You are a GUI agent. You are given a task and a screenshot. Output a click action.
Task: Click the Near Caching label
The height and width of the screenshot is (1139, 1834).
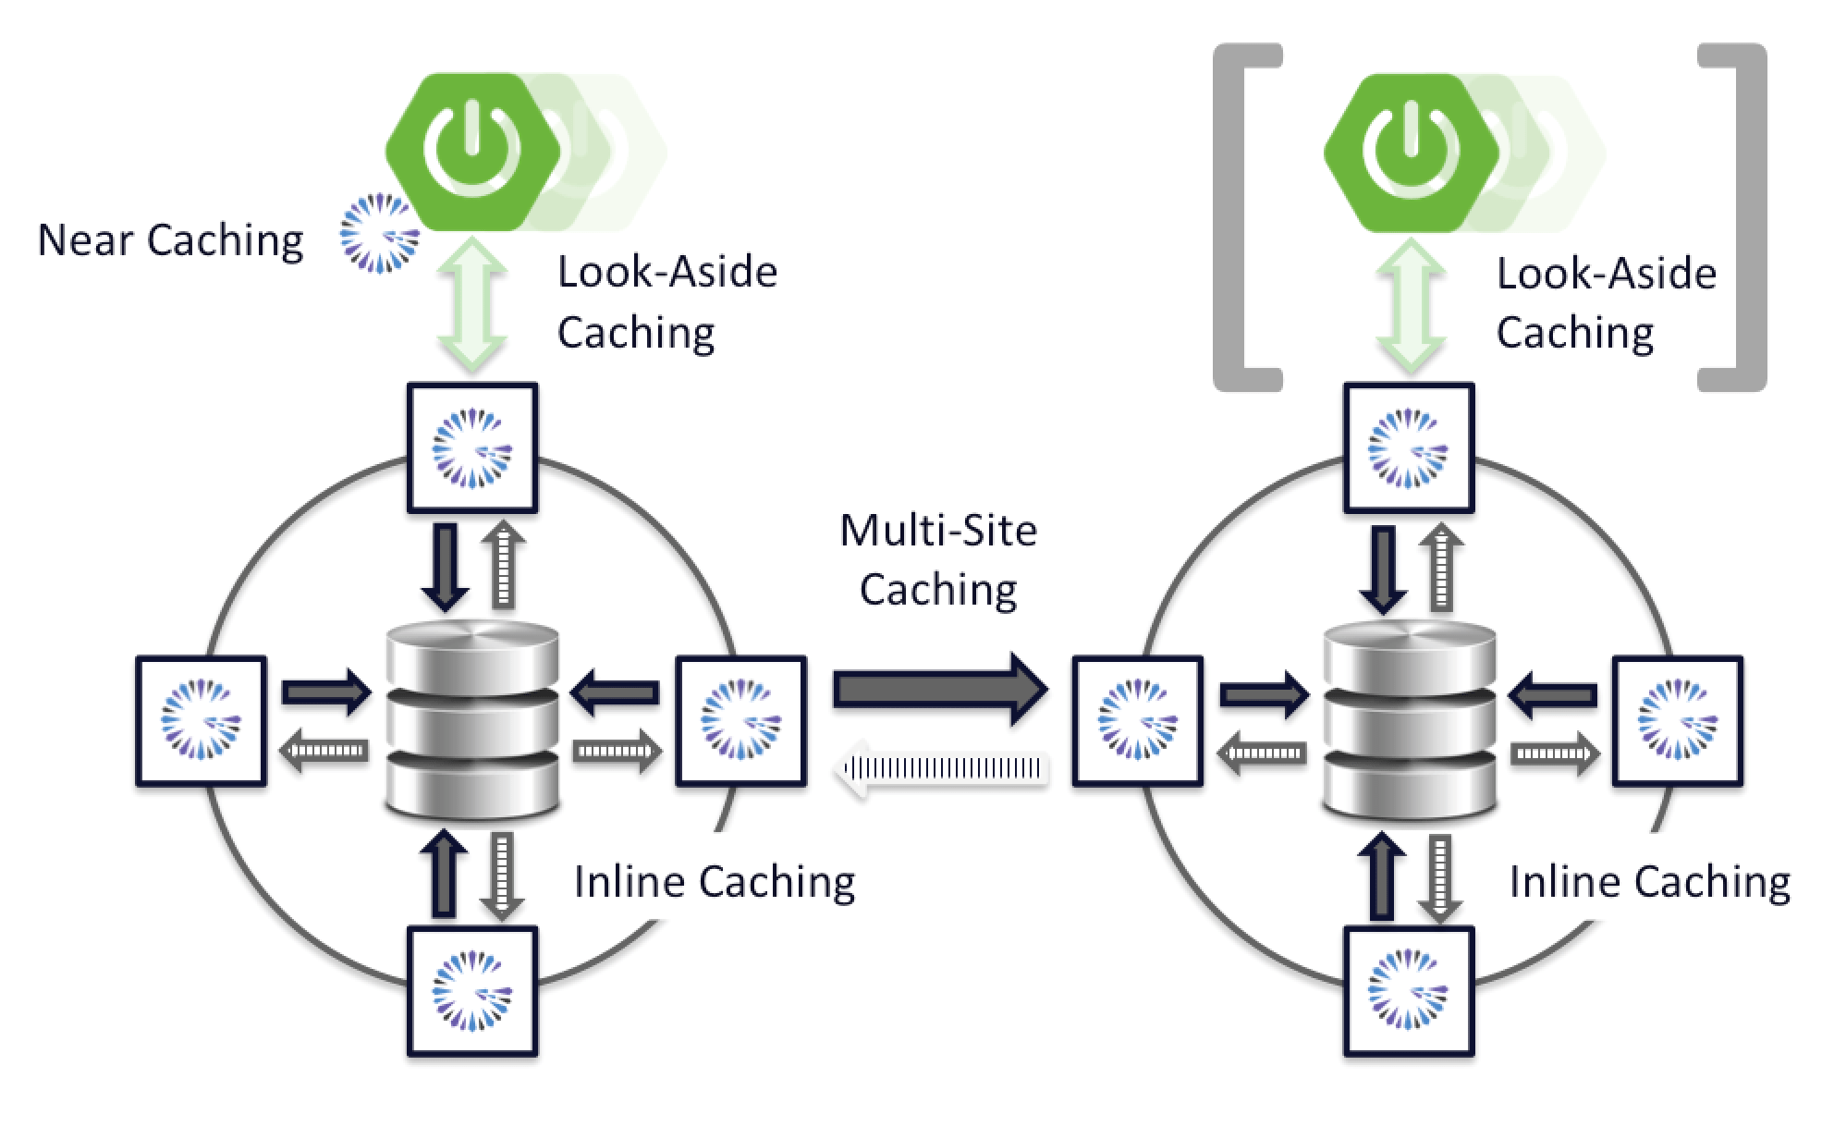point(171,241)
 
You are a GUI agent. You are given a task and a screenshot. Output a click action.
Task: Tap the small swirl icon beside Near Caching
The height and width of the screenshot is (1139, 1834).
point(379,233)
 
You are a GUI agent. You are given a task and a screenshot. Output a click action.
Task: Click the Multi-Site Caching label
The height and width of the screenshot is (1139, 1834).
point(938,560)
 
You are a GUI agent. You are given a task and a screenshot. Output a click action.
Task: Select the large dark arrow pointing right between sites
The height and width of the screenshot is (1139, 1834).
point(939,689)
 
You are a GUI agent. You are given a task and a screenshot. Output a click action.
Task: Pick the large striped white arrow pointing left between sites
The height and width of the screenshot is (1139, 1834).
point(943,768)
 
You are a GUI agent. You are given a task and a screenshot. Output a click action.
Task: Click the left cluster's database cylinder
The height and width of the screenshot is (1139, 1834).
point(472,721)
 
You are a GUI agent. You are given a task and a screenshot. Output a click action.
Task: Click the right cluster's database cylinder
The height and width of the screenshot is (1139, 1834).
point(1409,721)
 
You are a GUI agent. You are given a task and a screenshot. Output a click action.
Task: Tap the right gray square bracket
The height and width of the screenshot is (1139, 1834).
point(1742,217)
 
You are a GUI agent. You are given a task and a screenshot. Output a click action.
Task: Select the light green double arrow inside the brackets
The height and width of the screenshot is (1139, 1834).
point(1411,307)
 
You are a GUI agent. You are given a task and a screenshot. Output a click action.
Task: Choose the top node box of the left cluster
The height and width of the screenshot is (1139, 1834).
point(472,447)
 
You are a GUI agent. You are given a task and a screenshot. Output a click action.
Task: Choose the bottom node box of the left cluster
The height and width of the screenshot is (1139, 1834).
point(472,992)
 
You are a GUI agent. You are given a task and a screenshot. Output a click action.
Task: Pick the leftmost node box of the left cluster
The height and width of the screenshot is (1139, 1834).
point(201,721)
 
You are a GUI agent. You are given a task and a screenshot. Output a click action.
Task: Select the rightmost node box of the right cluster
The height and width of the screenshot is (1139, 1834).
point(1678,721)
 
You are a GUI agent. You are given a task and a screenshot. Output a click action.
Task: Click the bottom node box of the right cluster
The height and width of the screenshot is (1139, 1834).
point(1409,992)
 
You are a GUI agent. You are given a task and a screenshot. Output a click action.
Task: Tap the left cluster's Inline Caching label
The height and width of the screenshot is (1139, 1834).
point(714,881)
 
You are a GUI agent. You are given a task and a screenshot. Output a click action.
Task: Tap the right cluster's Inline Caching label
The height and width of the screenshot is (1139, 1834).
point(1649,881)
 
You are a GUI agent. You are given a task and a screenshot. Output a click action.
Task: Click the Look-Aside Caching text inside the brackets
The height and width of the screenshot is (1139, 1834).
point(1605,303)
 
